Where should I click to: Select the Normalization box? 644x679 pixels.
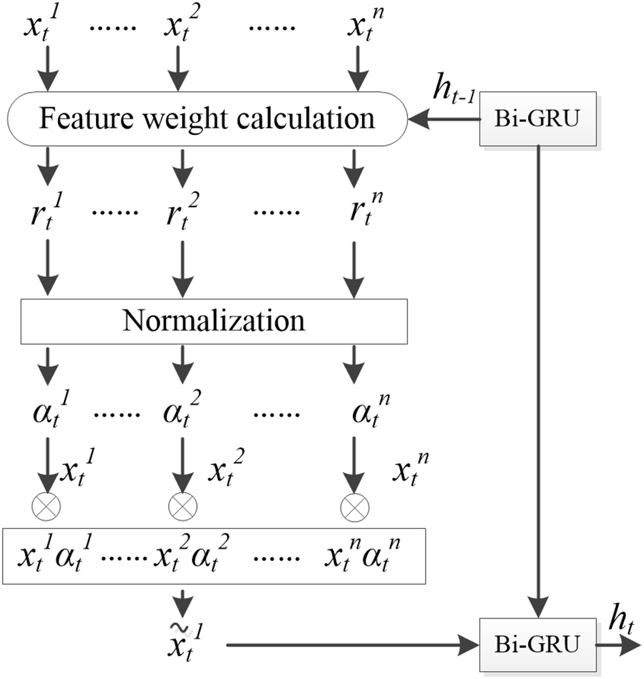[214, 320]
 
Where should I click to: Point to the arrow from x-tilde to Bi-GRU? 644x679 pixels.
[351, 643]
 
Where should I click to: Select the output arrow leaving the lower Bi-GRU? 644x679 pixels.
[617, 643]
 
